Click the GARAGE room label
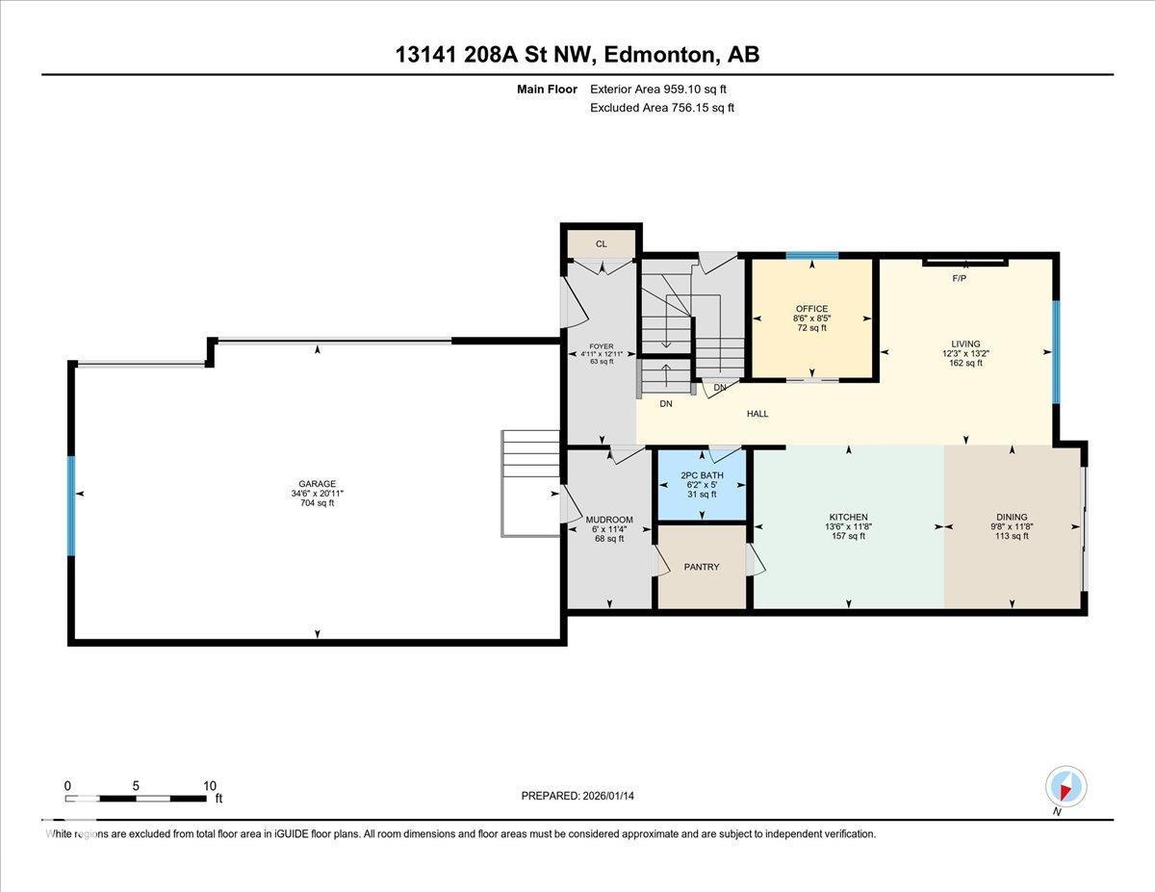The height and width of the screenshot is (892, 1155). click(317, 484)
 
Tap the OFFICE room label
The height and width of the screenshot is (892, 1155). click(811, 309)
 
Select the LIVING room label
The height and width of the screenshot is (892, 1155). click(965, 344)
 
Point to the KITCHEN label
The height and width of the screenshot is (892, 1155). click(848, 517)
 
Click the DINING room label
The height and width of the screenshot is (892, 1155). click(1012, 517)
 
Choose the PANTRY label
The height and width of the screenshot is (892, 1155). click(702, 567)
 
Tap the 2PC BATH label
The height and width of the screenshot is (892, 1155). click(702, 475)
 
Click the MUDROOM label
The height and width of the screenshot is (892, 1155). click(609, 520)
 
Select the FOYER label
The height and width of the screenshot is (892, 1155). click(602, 345)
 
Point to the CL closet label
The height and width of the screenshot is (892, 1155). click(602, 243)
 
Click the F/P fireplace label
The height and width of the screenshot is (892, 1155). click(959, 278)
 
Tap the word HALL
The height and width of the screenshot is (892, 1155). click(757, 414)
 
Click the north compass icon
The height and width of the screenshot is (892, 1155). click(1065, 786)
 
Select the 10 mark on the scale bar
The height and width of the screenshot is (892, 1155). click(209, 785)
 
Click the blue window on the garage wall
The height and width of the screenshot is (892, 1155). click(71, 505)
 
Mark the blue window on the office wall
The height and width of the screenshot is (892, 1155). click(811, 256)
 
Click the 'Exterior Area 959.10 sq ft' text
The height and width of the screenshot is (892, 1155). click(658, 89)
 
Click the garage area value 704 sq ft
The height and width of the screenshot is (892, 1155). click(317, 503)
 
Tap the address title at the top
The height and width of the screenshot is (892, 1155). click(577, 55)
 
